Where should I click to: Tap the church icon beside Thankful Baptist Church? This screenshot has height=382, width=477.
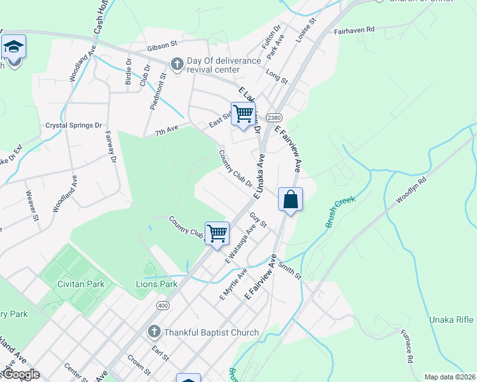[x=153, y=332]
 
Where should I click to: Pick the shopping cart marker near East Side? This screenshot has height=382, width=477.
[x=243, y=114]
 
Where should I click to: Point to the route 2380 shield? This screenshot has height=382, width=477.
[x=274, y=118]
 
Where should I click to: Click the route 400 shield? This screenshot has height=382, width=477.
[x=163, y=305]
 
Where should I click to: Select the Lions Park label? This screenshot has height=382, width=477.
[x=156, y=284]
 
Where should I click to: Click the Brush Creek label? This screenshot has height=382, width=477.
[x=337, y=211]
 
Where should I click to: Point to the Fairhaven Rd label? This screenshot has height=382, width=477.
[x=354, y=29]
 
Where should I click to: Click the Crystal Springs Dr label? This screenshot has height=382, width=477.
[x=74, y=125]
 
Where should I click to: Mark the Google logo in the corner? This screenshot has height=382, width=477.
[x=20, y=374]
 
